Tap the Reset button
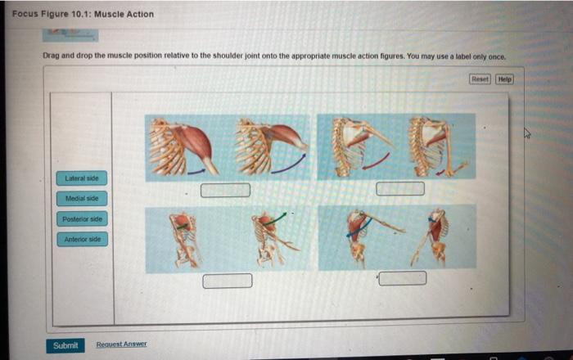tap(481, 79)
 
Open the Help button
tap(504, 79)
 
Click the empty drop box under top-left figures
tap(226, 190)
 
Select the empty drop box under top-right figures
tap(401, 189)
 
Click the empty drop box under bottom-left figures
tap(227, 281)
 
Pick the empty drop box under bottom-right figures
tap(402, 278)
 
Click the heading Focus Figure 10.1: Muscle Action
tap(83, 14)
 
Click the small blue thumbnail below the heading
tap(70, 34)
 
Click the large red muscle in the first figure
tap(192, 139)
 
